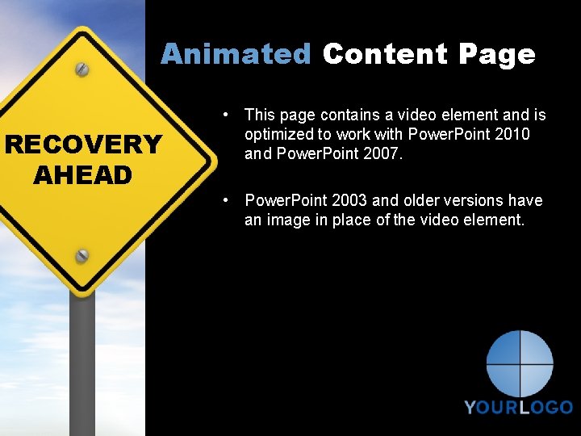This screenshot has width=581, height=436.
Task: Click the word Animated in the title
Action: click(236, 54)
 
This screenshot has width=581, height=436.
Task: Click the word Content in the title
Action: click(385, 54)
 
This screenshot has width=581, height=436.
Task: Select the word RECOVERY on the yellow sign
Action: click(83, 145)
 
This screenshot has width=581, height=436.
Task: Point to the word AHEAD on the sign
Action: click(83, 174)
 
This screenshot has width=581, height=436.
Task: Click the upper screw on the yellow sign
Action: click(82, 69)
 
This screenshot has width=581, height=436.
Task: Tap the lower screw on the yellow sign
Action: click(82, 256)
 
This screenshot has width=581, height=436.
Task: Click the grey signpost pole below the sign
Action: click(82, 363)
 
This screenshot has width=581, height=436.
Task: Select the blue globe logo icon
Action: click(520, 363)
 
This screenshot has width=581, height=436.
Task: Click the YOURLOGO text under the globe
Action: click(519, 408)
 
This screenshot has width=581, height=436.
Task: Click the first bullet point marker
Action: click(229, 115)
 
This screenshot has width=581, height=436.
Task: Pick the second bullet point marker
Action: click(229, 200)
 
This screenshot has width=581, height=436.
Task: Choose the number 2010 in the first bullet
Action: click(512, 134)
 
